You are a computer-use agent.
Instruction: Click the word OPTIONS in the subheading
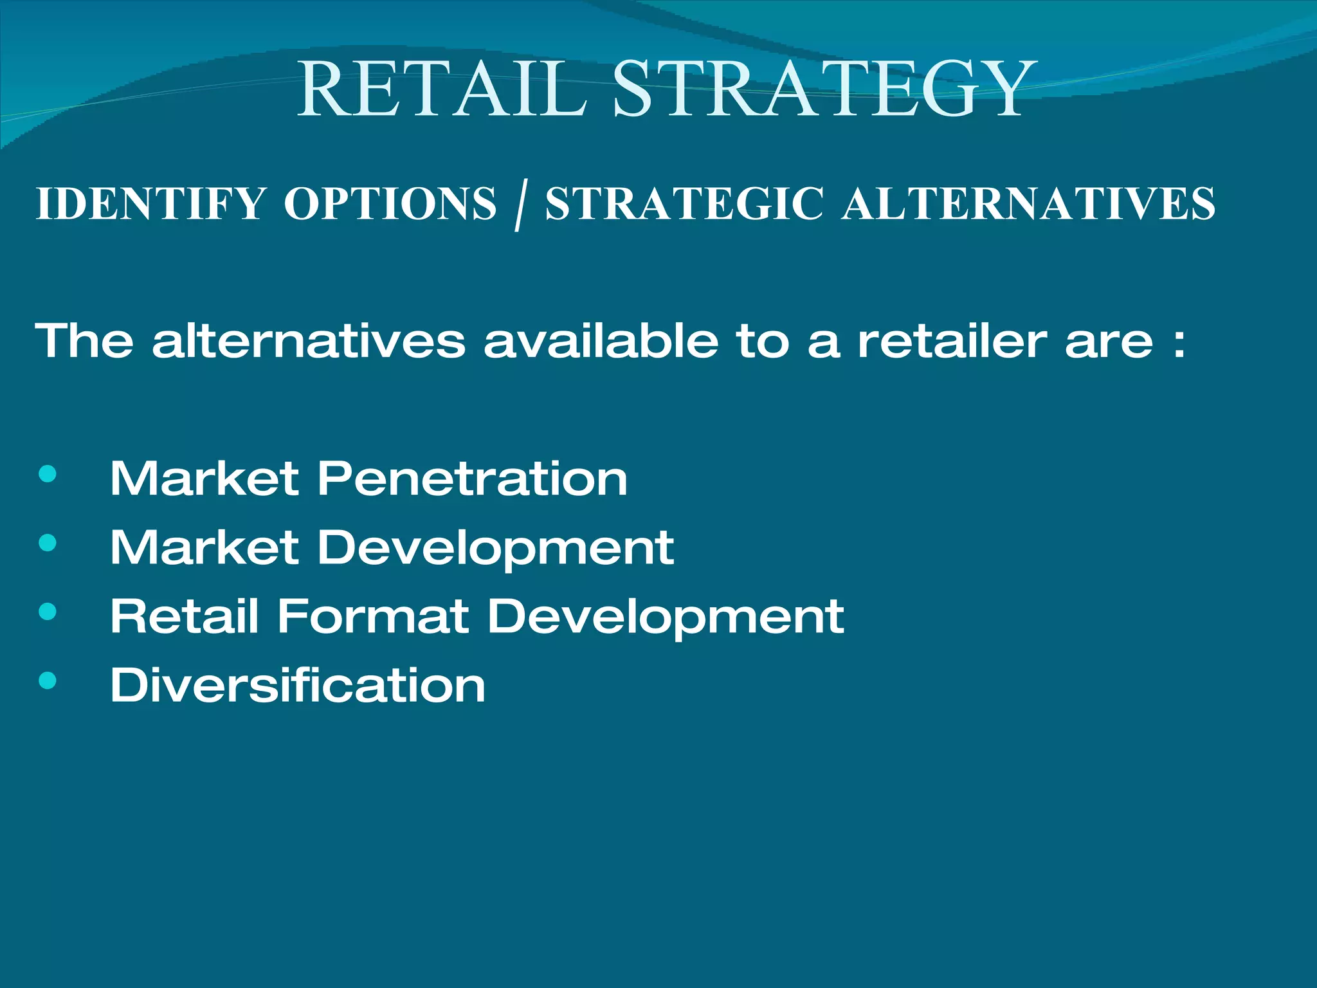click(390, 204)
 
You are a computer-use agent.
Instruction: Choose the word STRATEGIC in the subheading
click(684, 204)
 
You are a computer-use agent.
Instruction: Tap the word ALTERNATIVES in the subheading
click(1028, 204)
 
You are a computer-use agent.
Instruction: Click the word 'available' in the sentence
click(601, 340)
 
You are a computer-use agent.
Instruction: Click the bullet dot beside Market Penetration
click(48, 475)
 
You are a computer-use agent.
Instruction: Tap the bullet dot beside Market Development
click(48, 544)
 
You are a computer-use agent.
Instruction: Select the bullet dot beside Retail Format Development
click(48, 612)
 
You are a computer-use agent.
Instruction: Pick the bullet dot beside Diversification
click(48, 681)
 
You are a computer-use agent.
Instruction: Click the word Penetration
click(472, 479)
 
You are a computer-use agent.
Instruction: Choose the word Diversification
click(298, 684)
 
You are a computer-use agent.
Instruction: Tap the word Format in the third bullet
click(372, 616)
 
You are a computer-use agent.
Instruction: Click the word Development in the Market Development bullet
click(495, 549)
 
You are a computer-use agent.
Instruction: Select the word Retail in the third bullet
click(185, 616)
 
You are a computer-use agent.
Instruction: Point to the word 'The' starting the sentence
click(84, 340)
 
